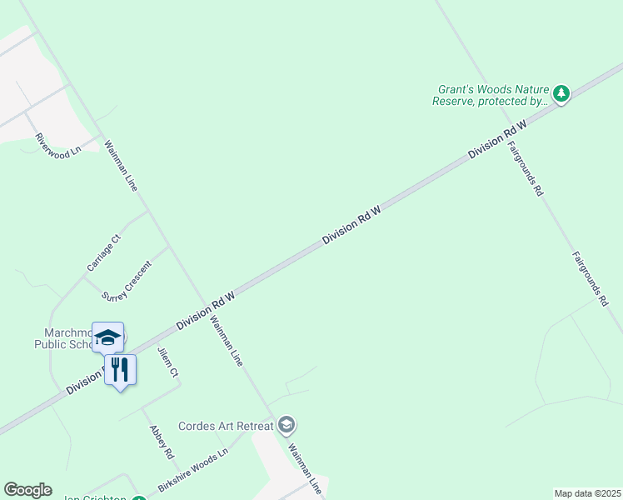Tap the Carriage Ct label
[x=104, y=252]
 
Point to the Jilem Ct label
[x=168, y=362]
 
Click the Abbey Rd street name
[x=161, y=442]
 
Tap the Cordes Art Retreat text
[x=226, y=426]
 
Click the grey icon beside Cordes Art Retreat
[x=287, y=426]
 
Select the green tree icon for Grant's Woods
[x=562, y=94]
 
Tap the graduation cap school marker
[x=107, y=337]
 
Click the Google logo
[x=27, y=490]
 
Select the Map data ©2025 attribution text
[x=587, y=493]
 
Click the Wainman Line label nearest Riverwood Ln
[x=121, y=167]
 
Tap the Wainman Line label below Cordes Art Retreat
[x=304, y=469]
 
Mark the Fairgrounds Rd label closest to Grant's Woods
[x=525, y=167]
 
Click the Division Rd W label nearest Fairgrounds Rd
[x=498, y=139]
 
